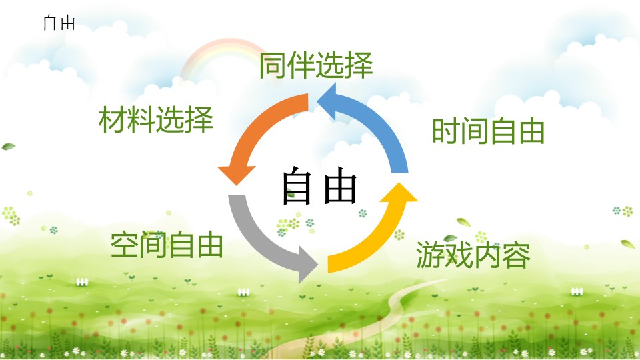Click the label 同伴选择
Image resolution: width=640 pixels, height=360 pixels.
316,65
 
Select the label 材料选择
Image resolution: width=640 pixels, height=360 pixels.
156,119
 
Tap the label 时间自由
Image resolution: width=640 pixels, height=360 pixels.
489,131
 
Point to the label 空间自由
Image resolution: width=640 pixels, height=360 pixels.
167,245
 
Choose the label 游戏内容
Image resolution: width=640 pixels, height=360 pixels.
473,255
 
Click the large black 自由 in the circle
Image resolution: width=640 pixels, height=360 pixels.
319,186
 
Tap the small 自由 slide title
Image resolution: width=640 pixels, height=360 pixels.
59,23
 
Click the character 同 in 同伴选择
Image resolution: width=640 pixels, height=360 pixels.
273,65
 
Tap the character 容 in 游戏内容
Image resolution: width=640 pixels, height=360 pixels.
516,255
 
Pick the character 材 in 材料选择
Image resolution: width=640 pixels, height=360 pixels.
113,119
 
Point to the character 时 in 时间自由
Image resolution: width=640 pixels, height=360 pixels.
446,131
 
